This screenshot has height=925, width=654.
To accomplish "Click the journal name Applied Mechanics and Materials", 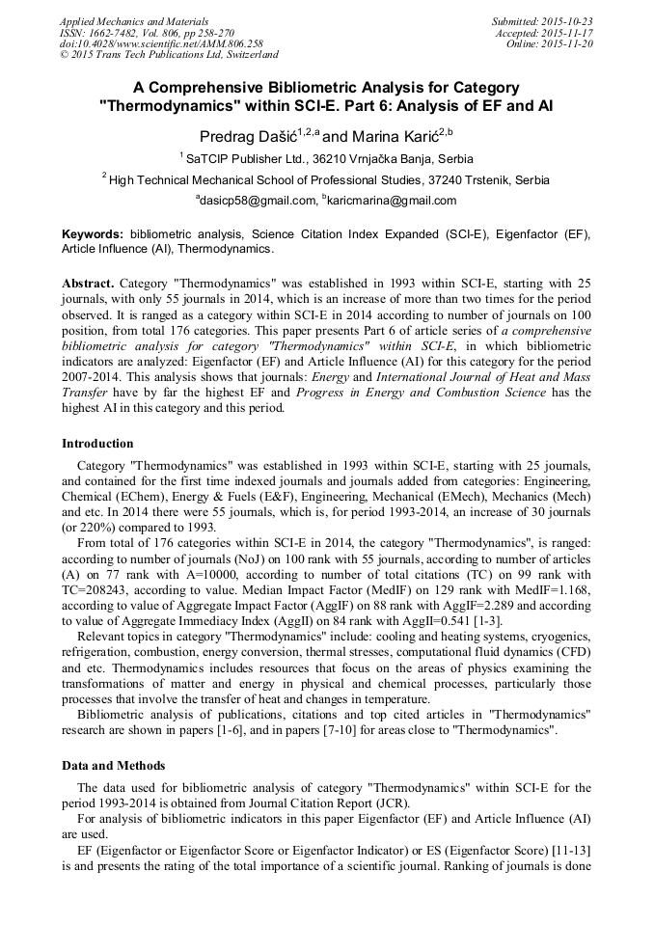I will pyautogui.click(x=122, y=21).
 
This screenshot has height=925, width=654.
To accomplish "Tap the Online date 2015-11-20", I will pyautogui.click(x=570, y=43).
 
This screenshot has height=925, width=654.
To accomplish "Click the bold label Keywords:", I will pyautogui.click(x=93, y=234).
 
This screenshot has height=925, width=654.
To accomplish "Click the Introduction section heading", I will pyautogui.click(x=97, y=444).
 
